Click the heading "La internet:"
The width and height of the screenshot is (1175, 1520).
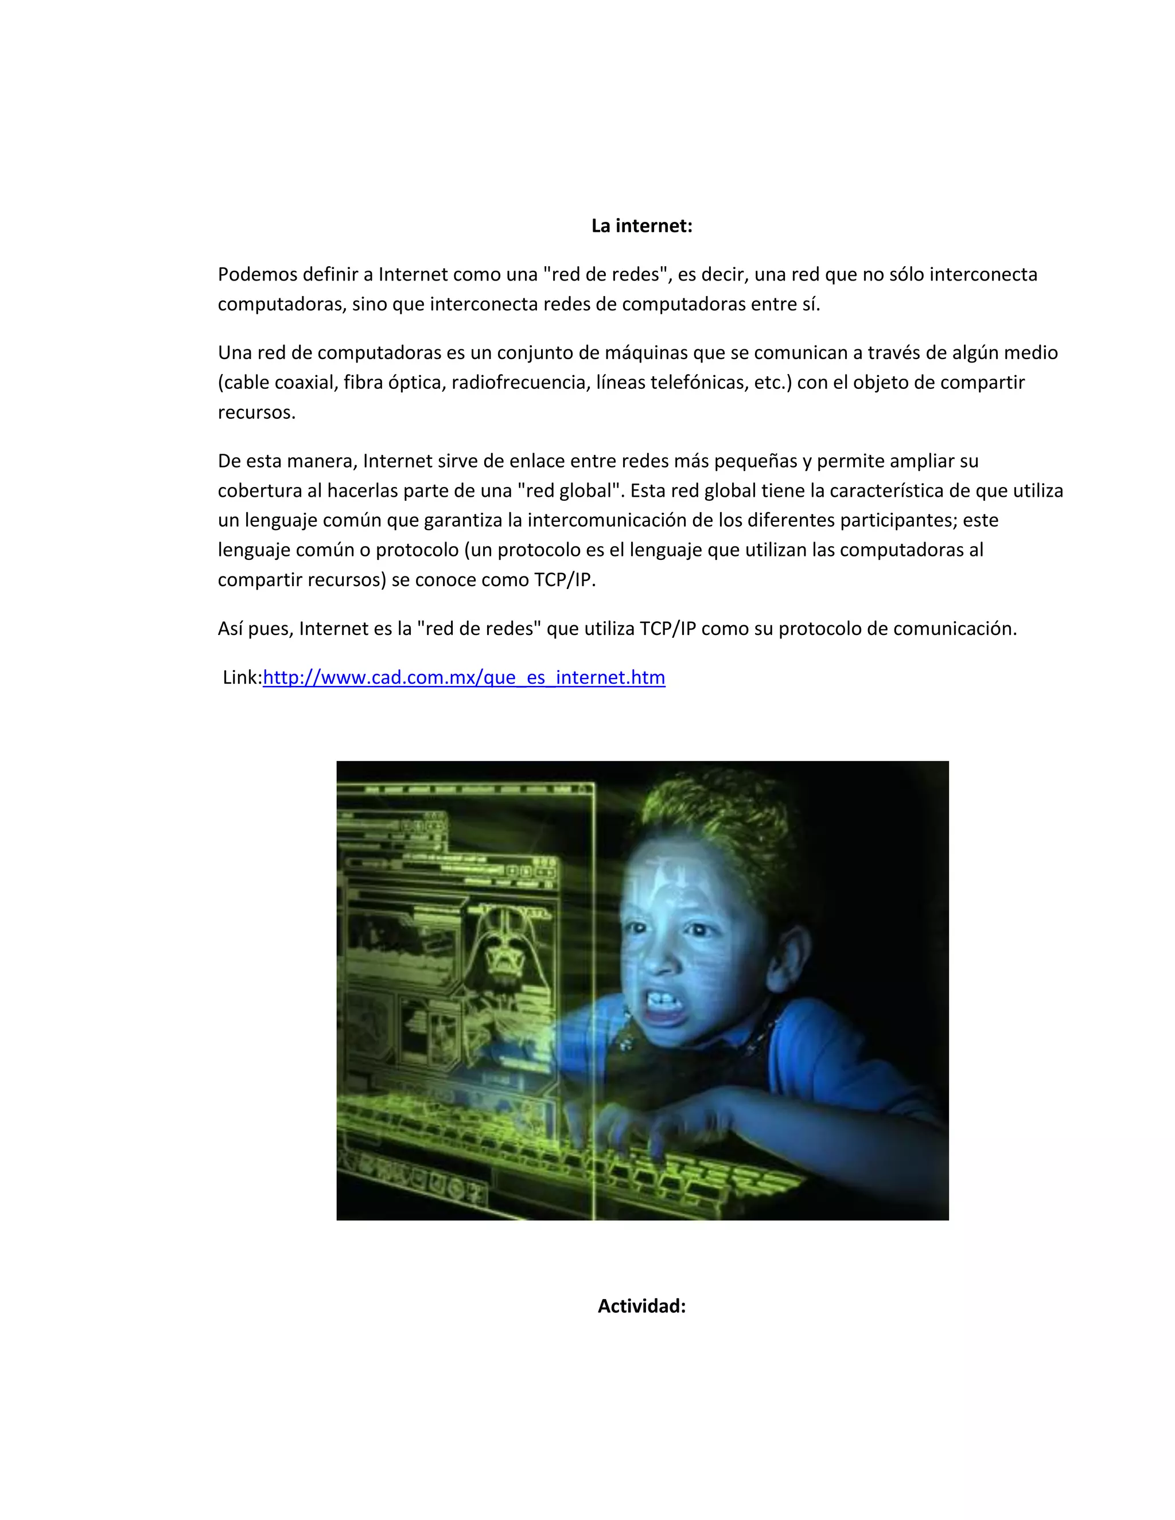coord(641,226)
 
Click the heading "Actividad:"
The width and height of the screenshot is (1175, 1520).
coord(641,1306)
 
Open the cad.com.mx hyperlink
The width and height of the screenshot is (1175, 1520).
coord(464,677)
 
